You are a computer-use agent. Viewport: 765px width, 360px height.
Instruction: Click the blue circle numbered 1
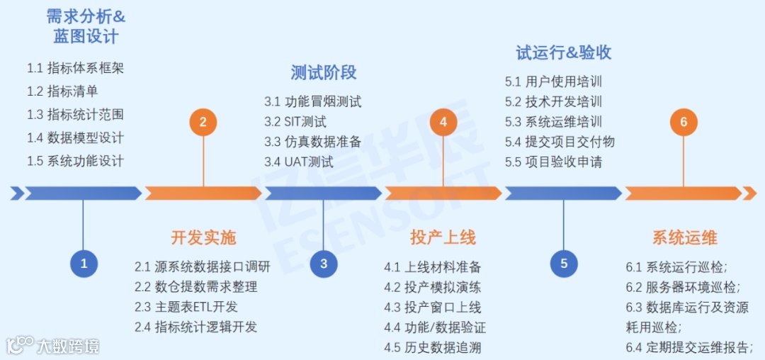tap(84, 264)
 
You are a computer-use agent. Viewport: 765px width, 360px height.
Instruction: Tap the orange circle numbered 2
tap(203, 122)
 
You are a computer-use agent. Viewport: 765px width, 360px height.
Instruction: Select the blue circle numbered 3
tap(324, 264)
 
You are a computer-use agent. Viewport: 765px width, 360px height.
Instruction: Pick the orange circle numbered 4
tap(443, 122)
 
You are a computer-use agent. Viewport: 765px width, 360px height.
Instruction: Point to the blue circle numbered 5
tap(564, 264)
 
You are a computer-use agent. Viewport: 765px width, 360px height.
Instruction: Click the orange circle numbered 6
tap(684, 122)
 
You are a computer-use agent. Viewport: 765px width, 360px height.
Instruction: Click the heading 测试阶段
tap(324, 72)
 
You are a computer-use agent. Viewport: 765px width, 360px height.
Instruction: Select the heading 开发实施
tap(203, 237)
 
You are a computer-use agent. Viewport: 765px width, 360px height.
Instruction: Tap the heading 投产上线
tap(443, 237)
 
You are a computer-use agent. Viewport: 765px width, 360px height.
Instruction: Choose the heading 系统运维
tap(684, 237)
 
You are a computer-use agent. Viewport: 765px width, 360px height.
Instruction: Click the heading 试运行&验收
tap(564, 52)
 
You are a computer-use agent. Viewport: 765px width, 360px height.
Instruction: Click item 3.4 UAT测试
tap(299, 161)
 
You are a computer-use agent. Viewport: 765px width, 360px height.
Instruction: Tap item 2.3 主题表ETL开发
tap(186, 307)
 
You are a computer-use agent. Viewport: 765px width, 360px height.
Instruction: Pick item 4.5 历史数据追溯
tap(433, 347)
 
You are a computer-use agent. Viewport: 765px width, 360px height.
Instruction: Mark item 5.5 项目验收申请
tap(554, 162)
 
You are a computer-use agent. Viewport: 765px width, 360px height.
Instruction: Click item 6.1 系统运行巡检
tap(676, 267)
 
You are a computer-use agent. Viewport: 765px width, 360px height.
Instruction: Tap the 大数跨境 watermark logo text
tap(68, 346)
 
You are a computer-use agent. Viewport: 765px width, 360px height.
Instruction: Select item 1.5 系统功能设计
tap(76, 160)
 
